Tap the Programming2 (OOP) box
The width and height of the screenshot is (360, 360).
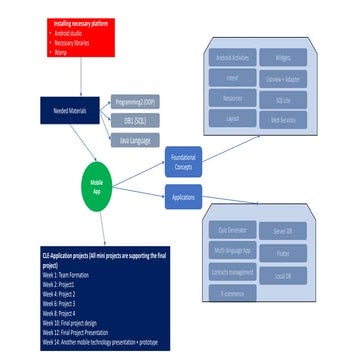[134, 100]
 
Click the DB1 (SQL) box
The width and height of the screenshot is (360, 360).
[134, 120]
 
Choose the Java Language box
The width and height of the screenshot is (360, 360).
[134, 140]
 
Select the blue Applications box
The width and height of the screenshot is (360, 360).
[182, 197]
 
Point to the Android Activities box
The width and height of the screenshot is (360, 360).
[232, 59]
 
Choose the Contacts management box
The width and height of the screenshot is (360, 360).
[232, 272]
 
